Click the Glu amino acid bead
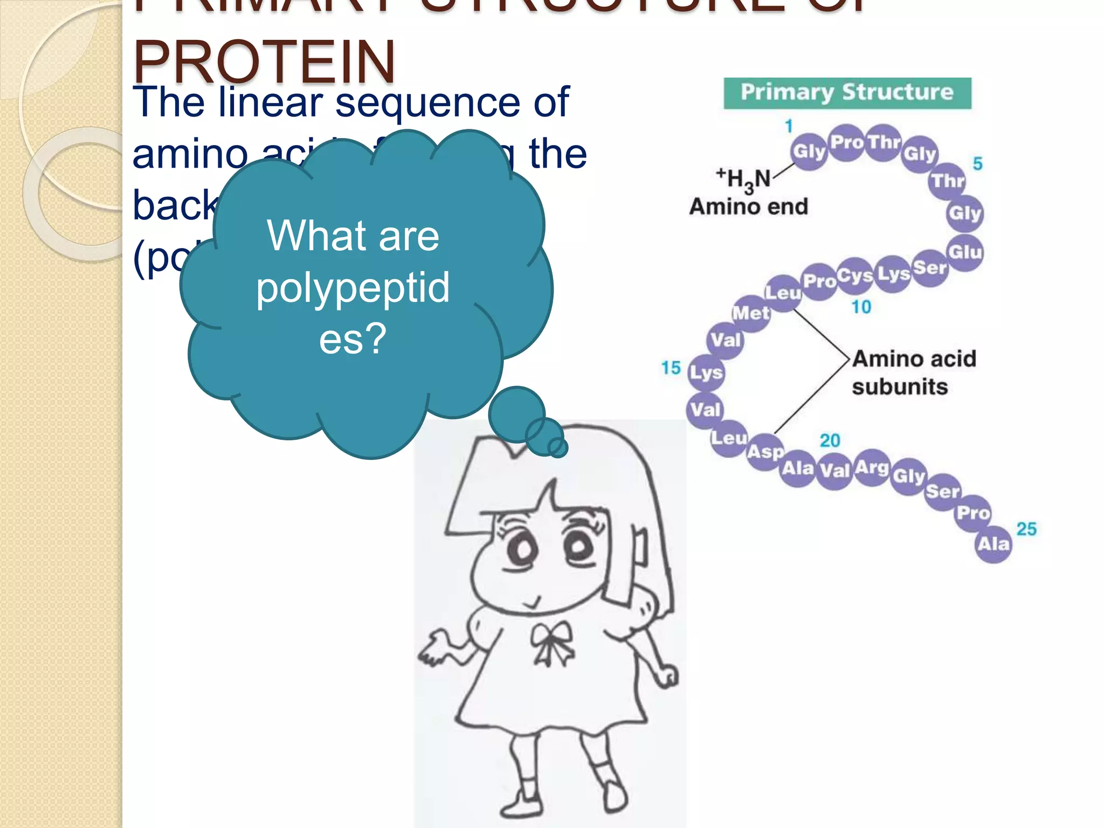click(965, 252)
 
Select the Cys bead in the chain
click(855, 276)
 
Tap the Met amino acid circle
click(751, 313)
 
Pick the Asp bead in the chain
click(765, 452)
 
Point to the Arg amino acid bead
click(872, 467)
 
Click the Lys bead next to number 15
click(706, 372)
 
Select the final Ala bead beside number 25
click(993, 544)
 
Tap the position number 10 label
click(861, 307)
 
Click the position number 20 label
click(830, 440)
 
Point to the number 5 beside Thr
click(977, 163)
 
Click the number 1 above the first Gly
click(789, 126)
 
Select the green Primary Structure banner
click(847, 93)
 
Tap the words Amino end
click(749, 206)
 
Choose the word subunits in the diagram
click(900, 387)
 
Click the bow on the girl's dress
click(552, 640)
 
